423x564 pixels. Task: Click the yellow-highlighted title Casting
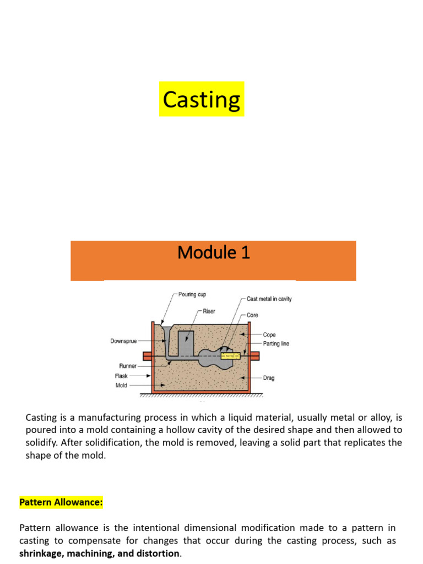pos(202,100)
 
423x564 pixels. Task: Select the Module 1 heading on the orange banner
pos(214,253)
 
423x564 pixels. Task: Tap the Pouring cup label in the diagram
pos(192,295)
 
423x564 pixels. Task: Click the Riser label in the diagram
pos(209,311)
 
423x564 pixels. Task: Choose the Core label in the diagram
pos(253,315)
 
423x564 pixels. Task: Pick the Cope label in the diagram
pos(269,335)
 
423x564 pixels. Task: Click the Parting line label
pos(276,344)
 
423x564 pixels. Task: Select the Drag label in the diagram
pos(269,378)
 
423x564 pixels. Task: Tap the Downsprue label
pos(124,341)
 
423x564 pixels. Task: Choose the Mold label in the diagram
pos(121,386)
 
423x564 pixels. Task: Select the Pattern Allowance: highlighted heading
pos(61,502)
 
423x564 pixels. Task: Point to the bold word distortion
pos(159,553)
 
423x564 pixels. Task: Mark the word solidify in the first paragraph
pos(41,443)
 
